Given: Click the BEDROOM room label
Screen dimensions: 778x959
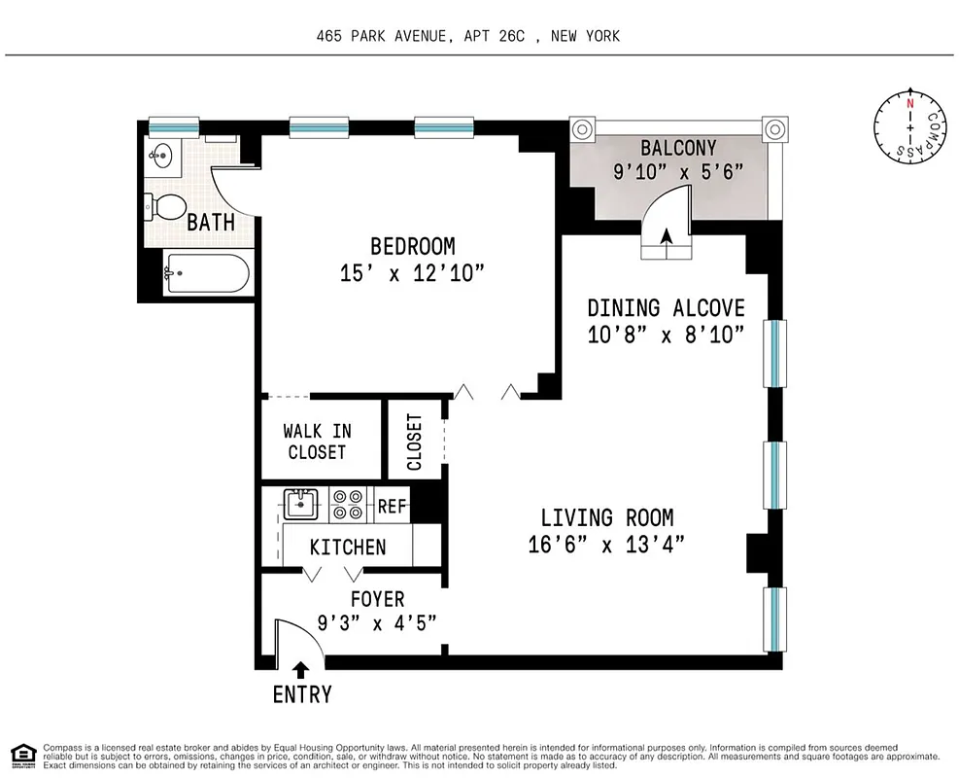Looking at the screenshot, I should pyautogui.click(x=412, y=246).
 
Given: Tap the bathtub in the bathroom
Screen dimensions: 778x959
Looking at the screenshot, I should pyautogui.click(x=206, y=274).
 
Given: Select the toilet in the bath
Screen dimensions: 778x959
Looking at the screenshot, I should pyautogui.click(x=166, y=206).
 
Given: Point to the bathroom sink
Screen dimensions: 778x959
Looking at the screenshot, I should pyautogui.click(x=161, y=156).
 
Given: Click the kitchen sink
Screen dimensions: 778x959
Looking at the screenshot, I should pyautogui.click(x=301, y=504).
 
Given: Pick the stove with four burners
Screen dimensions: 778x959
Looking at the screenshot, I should pyautogui.click(x=347, y=504).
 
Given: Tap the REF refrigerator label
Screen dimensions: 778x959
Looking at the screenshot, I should pyautogui.click(x=392, y=506).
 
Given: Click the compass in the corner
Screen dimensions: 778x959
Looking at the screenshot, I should pyautogui.click(x=909, y=127).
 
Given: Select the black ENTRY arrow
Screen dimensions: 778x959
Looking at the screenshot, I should pyautogui.click(x=301, y=669).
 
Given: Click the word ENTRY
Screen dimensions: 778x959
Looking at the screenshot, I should pyautogui.click(x=301, y=694).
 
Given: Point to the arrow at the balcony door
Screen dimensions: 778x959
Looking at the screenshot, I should pyautogui.click(x=667, y=234).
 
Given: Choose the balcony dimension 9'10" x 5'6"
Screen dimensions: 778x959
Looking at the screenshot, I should pyautogui.click(x=677, y=172).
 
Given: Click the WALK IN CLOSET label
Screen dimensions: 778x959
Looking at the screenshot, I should pyautogui.click(x=317, y=442).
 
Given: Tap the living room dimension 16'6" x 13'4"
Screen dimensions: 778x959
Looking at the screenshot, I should pyautogui.click(x=606, y=545).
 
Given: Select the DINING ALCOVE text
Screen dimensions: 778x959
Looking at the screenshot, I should pyautogui.click(x=666, y=308).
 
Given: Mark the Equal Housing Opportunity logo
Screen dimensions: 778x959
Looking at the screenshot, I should pyautogui.click(x=22, y=754).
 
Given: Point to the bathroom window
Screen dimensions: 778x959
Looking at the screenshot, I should pyautogui.click(x=174, y=125).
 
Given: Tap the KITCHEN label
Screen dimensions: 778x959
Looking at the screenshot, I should pyautogui.click(x=347, y=548).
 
